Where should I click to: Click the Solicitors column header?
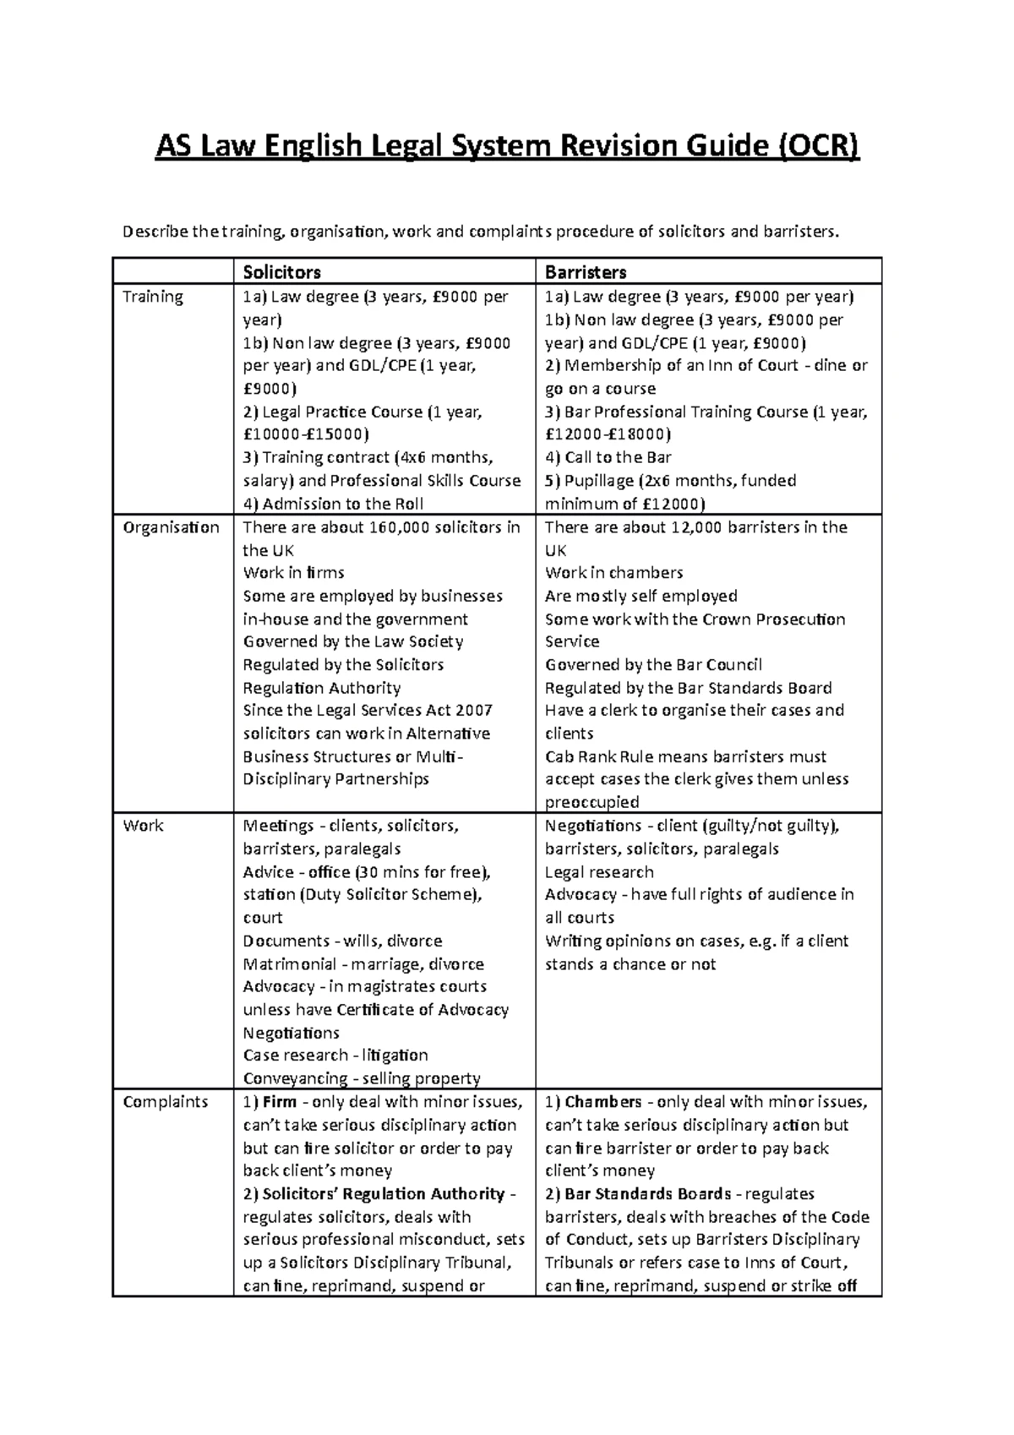(x=281, y=272)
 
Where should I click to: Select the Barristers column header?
(x=586, y=272)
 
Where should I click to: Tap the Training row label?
(x=153, y=297)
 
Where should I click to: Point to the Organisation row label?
(x=171, y=527)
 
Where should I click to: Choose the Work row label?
(x=143, y=826)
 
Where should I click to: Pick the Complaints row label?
(x=165, y=1102)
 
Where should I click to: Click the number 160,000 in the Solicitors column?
(x=402, y=527)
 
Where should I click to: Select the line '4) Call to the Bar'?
(x=608, y=457)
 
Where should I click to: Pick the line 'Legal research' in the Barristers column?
(x=599, y=872)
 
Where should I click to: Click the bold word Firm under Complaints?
(x=280, y=1102)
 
